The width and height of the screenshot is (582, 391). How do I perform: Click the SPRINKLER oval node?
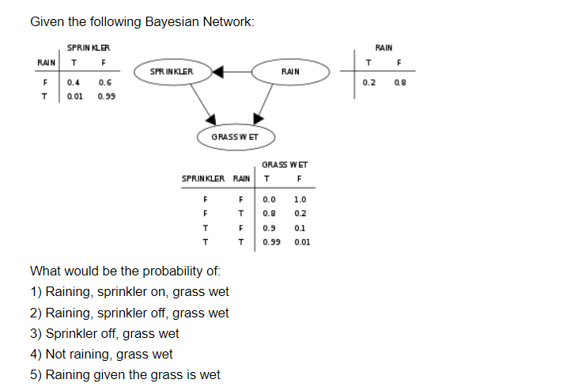pos(172,72)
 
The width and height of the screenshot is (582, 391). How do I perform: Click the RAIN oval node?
pos(289,72)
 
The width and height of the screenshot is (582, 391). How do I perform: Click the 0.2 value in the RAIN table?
pos(369,82)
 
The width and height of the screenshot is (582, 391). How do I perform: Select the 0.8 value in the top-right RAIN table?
pos(400,82)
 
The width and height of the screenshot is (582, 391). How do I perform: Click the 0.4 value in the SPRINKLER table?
pos(73,82)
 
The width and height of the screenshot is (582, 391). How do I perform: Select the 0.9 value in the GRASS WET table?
pos(269,228)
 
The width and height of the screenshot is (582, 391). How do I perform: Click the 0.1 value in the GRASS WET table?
pos(299,228)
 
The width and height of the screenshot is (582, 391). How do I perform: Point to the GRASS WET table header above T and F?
pos(285,165)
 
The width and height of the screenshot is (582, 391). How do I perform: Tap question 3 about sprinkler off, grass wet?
pos(104,333)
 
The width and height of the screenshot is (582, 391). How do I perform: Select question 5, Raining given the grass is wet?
pos(125,374)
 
